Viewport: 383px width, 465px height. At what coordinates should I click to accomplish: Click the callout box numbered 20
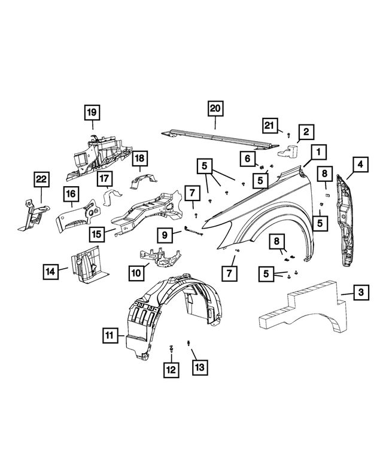(x=215, y=108)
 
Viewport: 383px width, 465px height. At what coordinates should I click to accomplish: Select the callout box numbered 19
(x=92, y=112)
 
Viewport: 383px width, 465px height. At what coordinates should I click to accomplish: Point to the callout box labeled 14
(x=51, y=271)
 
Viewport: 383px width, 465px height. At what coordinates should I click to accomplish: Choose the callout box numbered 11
(x=108, y=337)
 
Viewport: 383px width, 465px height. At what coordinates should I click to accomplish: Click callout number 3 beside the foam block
(x=360, y=293)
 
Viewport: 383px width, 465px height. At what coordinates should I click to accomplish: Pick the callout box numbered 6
(x=247, y=158)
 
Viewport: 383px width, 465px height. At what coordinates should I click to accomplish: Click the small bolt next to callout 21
(x=288, y=136)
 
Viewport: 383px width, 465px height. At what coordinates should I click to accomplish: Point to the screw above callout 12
(x=172, y=348)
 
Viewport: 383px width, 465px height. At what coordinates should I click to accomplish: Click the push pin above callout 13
(x=189, y=344)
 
